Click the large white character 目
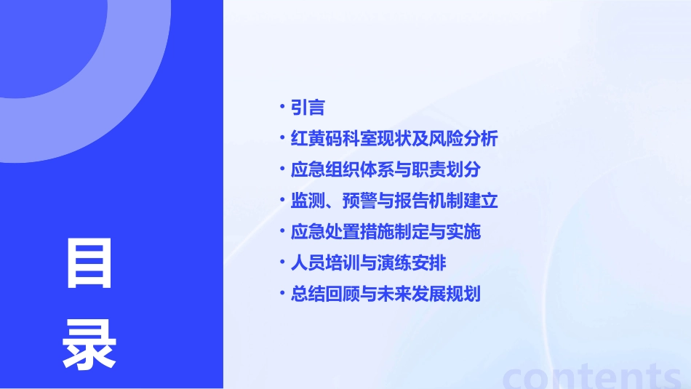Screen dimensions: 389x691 [x=89, y=264]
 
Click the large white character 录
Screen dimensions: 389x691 [x=89, y=345]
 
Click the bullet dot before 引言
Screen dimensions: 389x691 [x=282, y=108]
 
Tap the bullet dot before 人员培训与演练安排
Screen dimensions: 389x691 [x=282, y=262]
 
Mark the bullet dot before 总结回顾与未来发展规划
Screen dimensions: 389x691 [x=282, y=294]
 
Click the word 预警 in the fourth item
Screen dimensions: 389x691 [x=354, y=201]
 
